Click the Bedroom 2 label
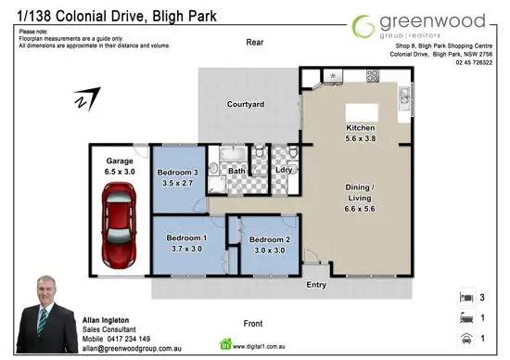click(x=270, y=239)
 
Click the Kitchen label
click(x=359, y=127)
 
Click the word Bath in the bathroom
click(x=236, y=171)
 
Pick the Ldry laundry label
click(x=286, y=171)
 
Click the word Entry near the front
click(x=316, y=285)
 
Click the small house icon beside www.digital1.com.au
click(x=223, y=340)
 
